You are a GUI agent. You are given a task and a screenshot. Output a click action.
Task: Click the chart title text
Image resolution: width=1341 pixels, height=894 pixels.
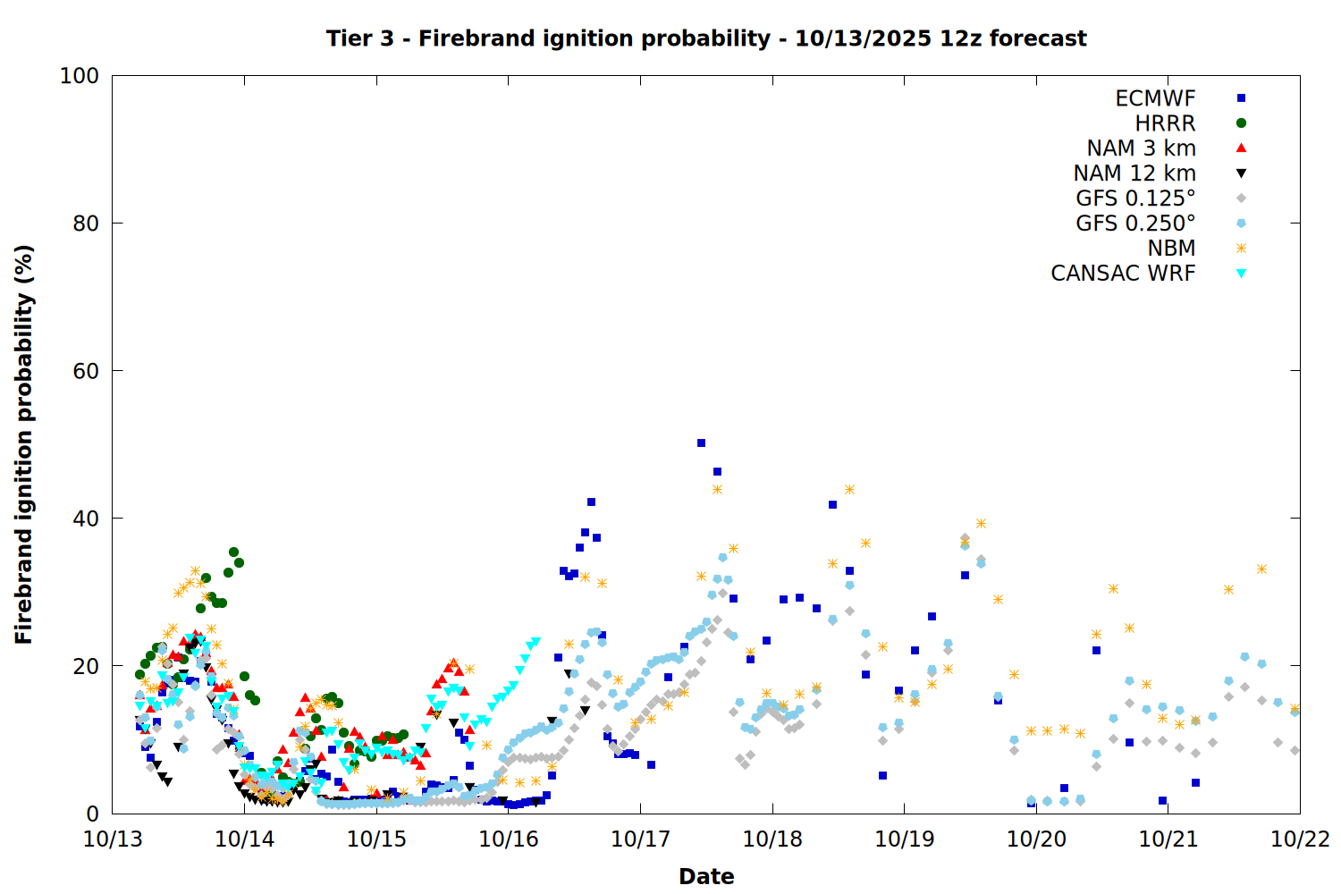(x=706, y=38)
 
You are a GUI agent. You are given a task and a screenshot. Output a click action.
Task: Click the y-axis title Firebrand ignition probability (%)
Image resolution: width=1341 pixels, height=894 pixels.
(x=24, y=444)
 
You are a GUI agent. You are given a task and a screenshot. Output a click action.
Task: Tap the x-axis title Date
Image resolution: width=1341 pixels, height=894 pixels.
(x=706, y=876)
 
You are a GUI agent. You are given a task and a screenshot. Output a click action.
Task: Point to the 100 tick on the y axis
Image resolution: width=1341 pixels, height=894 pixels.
(x=80, y=76)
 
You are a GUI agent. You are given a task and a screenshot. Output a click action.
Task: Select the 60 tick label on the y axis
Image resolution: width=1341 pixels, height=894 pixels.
(x=85, y=371)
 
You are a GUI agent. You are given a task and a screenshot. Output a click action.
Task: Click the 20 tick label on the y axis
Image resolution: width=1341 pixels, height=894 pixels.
(x=85, y=666)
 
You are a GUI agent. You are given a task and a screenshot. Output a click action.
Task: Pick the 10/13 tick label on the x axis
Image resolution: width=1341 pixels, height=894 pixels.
(x=113, y=839)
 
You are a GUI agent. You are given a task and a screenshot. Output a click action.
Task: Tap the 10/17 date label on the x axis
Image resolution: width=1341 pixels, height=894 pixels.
(x=640, y=839)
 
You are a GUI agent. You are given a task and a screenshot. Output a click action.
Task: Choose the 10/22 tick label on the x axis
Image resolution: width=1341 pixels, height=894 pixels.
(x=1300, y=839)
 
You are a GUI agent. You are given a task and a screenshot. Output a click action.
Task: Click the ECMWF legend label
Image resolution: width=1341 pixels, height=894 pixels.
(x=1155, y=98)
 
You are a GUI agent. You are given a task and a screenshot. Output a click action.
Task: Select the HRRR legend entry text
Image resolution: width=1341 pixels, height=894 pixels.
(x=1165, y=123)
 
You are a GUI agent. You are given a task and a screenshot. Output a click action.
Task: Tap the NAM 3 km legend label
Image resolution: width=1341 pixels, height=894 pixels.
(x=1141, y=148)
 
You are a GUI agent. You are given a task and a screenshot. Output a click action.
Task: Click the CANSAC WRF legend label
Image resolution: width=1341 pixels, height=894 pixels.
(x=1123, y=274)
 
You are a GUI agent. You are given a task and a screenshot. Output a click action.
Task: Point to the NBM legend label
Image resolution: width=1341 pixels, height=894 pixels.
(x=1171, y=249)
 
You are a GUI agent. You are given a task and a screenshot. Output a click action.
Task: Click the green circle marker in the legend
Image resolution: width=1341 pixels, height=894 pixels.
(x=1241, y=123)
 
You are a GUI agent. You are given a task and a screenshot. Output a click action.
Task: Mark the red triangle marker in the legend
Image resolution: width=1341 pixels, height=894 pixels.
(x=1241, y=148)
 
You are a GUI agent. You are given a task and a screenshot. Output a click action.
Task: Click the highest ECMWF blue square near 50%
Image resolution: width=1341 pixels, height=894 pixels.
(x=701, y=443)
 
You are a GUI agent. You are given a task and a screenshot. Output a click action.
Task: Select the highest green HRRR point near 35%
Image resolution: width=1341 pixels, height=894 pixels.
(x=233, y=552)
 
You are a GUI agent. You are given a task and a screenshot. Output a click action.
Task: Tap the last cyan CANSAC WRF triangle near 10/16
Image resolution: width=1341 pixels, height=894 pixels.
(x=536, y=642)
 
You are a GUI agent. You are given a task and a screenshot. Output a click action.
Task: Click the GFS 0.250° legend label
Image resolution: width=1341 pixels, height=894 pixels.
(x=1135, y=223)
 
